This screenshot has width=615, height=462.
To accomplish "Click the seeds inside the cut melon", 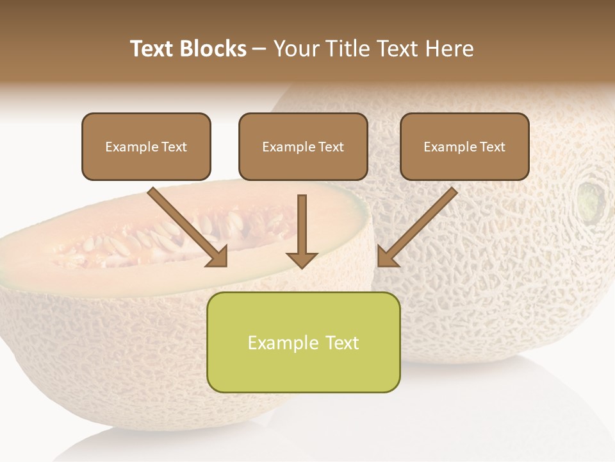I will coord(128,241).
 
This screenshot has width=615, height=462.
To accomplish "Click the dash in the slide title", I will coord(259,49).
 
